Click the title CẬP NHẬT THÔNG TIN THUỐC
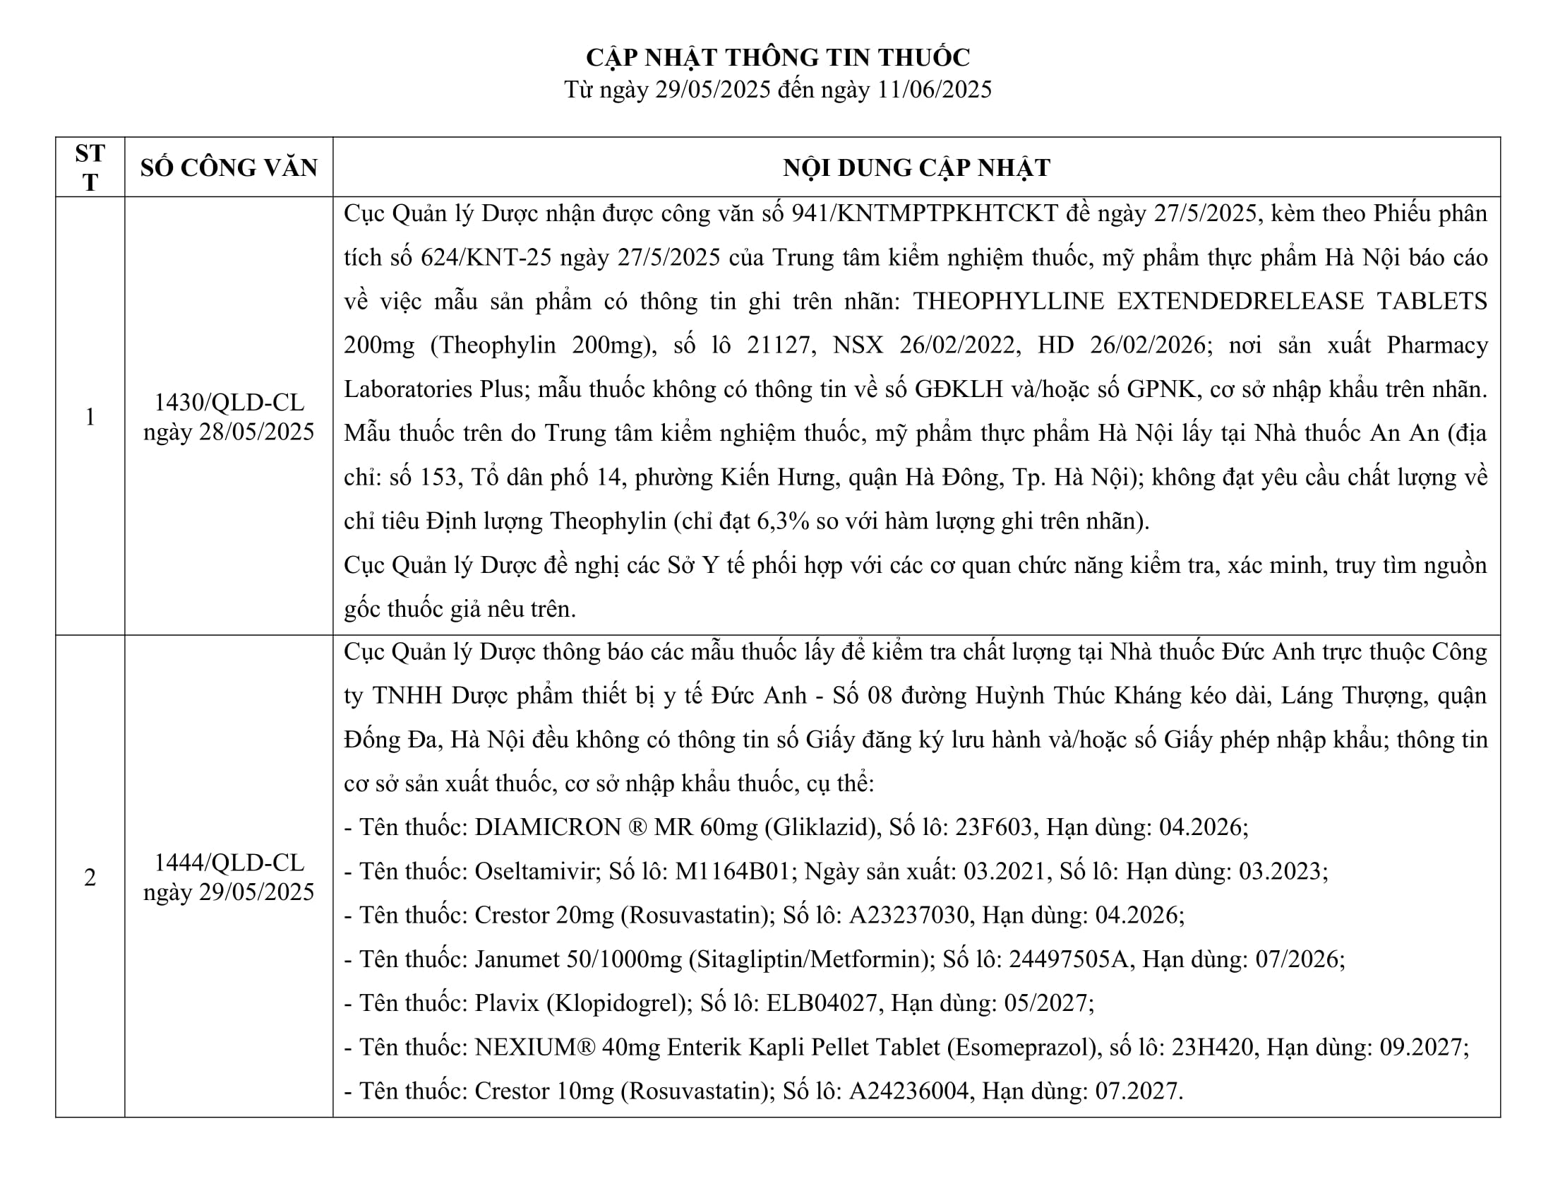pos(777,57)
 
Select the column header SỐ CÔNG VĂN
pos(228,168)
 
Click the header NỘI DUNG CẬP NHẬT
pos(916,168)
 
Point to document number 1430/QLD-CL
pos(228,403)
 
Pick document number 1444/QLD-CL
pos(228,863)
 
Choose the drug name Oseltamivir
pos(535,871)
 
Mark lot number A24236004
pos(909,1091)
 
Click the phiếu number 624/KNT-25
pos(486,258)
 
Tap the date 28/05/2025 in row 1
pos(256,432)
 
